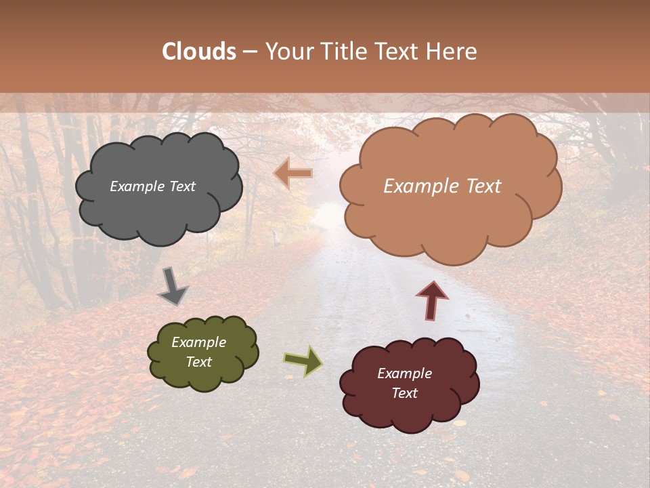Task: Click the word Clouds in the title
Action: coord(199,52)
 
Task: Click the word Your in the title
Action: coord(289,52)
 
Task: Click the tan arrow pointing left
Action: coord(293,174)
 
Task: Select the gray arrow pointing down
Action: coord(173,286)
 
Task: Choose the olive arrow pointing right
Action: coord(303,361)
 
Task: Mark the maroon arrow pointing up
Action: coord(432,300)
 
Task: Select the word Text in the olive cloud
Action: coord(199,362)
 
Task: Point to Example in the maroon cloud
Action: coord(404,373)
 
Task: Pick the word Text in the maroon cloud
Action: coord(404,393)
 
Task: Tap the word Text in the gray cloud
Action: coord(181,186)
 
